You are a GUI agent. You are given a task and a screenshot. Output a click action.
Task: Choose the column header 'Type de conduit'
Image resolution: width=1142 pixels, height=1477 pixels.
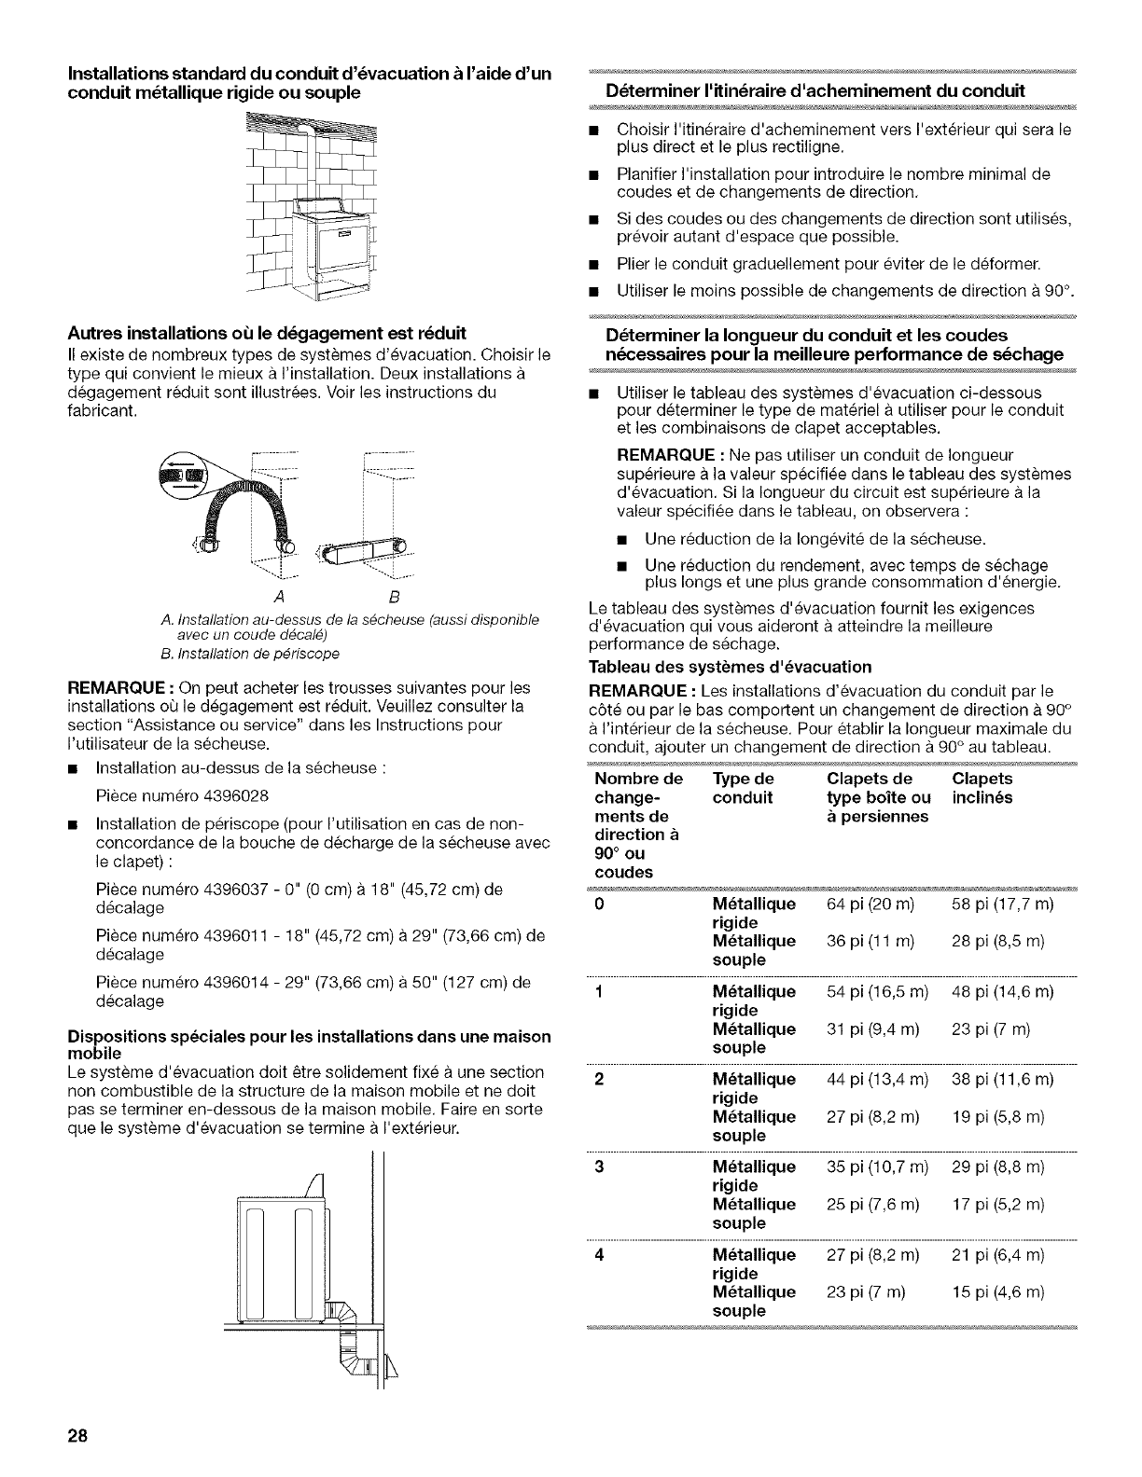(743, 788)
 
